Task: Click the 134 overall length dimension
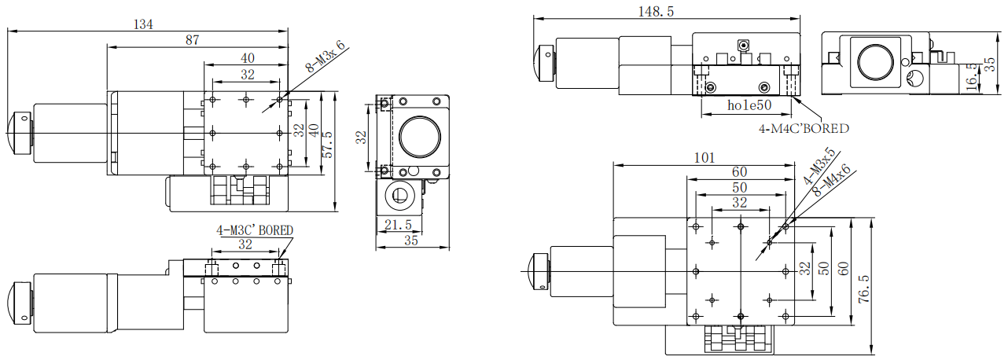144,24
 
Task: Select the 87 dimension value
192,40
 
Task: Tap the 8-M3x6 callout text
326,57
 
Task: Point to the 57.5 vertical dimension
328,145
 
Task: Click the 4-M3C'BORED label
255,230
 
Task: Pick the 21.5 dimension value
398,225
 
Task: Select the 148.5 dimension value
656,11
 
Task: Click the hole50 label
749,105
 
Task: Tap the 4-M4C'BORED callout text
804,129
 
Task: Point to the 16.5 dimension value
972,76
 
